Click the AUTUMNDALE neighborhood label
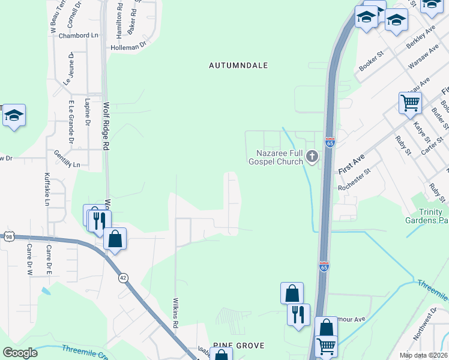(238, 65)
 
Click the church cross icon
(312, 157)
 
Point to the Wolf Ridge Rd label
(106, 126)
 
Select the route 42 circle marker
(123, 277)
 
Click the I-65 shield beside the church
(330, 142)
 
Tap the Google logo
(20, 353)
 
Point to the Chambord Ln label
(78, 35)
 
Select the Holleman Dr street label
(128, 46)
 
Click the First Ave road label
(352, 163)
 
